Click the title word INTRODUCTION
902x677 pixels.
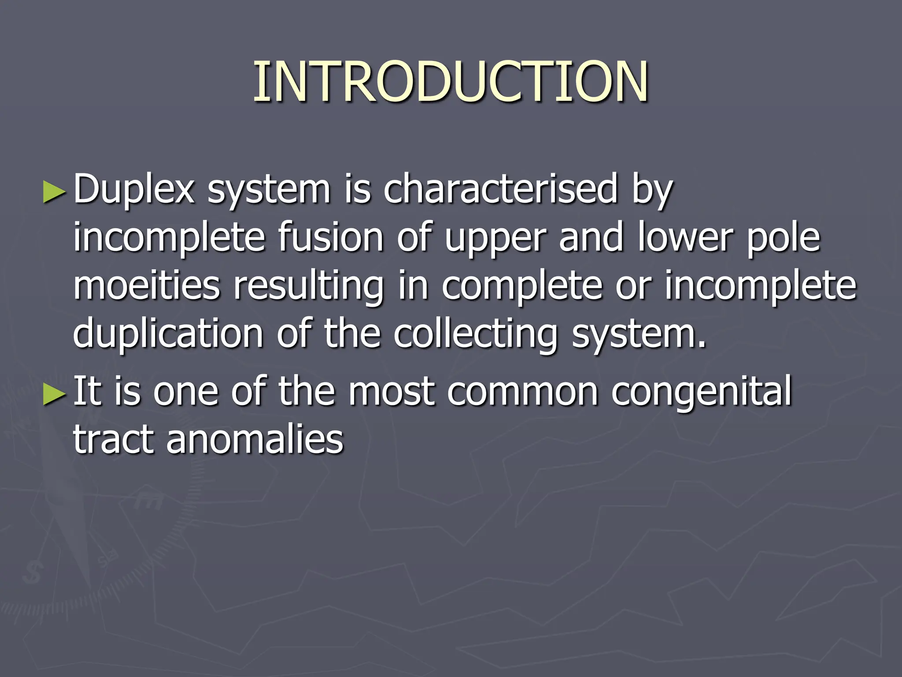click(451, 82)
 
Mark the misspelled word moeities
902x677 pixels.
click(146, 286)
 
